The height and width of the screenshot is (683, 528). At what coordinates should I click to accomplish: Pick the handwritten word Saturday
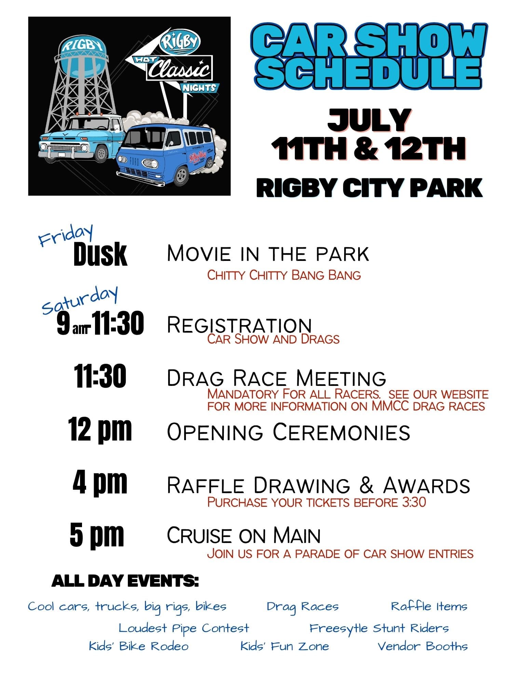(80, 299)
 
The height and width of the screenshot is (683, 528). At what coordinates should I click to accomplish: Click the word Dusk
(100, 254)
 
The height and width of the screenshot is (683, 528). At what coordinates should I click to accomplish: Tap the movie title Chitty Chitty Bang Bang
(284, 275)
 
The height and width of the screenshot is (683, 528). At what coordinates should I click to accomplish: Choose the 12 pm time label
(100, 430)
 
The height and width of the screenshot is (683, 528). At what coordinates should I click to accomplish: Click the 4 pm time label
(100, 482)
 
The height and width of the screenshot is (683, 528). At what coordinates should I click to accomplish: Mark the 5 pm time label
(97, 535)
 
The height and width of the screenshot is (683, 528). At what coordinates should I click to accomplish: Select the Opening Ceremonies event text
(288, 432)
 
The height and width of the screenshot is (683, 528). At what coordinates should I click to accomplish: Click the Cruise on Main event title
(243, 535)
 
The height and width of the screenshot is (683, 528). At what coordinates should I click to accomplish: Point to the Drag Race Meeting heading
(276, 378)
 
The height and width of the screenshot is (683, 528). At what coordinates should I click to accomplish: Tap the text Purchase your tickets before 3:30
(316, 502)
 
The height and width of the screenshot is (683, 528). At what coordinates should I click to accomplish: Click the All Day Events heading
(125, 581)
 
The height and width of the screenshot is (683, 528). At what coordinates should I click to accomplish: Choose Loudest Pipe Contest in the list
(184, 628)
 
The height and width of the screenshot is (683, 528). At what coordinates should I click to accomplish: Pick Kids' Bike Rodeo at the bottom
(138, 646)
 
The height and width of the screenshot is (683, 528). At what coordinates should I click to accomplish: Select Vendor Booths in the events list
(422, 646)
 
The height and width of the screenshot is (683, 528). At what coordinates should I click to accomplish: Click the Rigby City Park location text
(369, 188)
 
